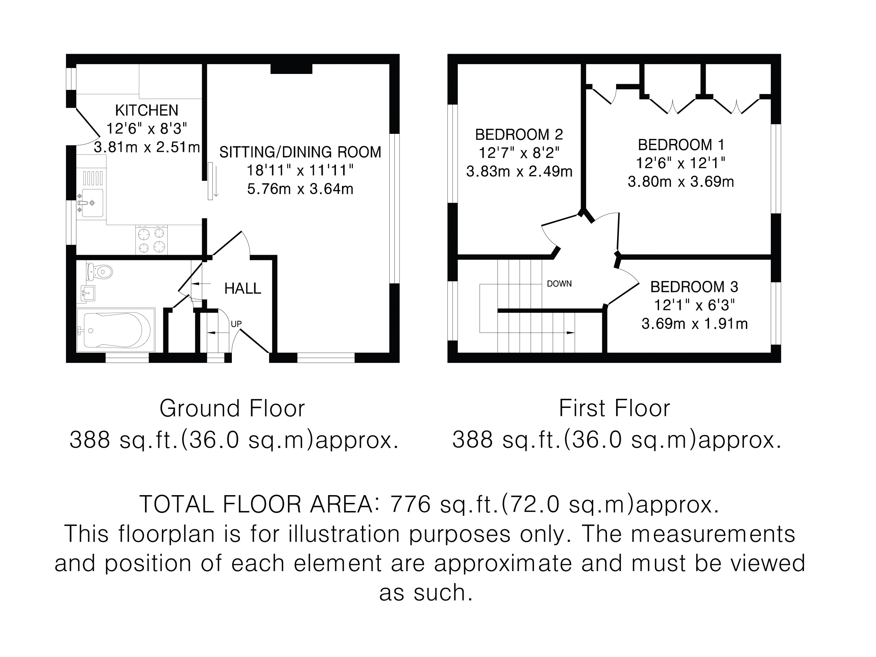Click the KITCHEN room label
point(147,110)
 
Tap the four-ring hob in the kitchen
point(151,240)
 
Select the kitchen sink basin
point(92,203)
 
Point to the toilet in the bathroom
point(99,272)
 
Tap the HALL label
point(243,289)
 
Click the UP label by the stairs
point(236,324)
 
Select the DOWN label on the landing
point(559,284)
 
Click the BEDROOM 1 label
point(681,145)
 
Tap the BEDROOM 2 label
point(519,135)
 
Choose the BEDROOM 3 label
point(694,287)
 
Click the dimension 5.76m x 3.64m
point(300,189)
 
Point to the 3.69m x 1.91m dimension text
point(695,324)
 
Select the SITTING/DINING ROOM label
point(300,152)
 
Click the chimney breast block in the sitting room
point(291,69)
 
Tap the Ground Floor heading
point(232,408)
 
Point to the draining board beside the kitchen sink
point(92,178)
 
